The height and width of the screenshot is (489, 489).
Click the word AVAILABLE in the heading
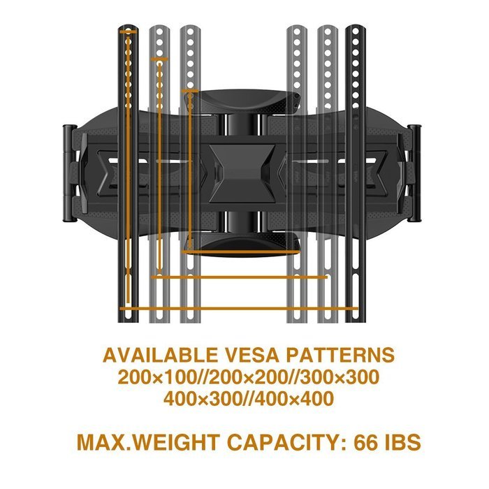click(160, 355)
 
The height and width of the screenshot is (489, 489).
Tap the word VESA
click(251, 355)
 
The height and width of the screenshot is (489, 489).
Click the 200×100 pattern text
click(156, 377)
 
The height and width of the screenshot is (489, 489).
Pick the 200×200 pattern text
click(248, 377)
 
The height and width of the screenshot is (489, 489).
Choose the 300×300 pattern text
click(340, 377)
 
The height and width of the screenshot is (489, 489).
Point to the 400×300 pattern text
click(203, 399)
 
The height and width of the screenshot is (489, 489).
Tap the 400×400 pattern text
click(295, 399)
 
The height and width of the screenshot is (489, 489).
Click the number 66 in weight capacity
click(366, 442)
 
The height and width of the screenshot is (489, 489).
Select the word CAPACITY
click(286, 442)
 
